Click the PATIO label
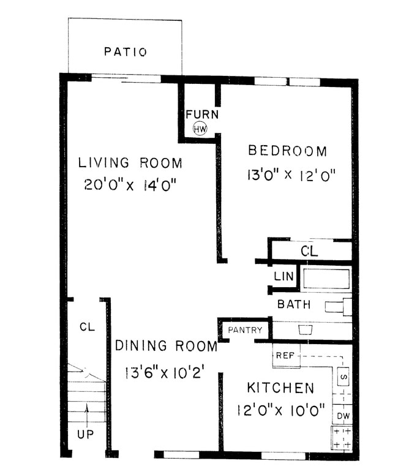(x=125, y=52)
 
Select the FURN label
(x=202, y=114)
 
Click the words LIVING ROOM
(x=130, y=163)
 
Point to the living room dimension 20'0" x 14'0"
(x=133, y=184)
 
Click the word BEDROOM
(x=287, y=151)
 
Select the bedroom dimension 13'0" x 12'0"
(x=291, y=175)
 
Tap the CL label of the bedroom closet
(x=309, y=250)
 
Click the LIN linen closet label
(x=284, y=277)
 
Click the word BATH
(x=294, y=304)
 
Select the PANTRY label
(x=245, y=331)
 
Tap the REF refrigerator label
(x=285, y=356)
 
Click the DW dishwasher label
(x=343, y=416)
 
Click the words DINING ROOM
(x=166, y=347)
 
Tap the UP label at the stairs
(x=86, y=434)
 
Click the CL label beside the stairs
(x=86, y=327)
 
